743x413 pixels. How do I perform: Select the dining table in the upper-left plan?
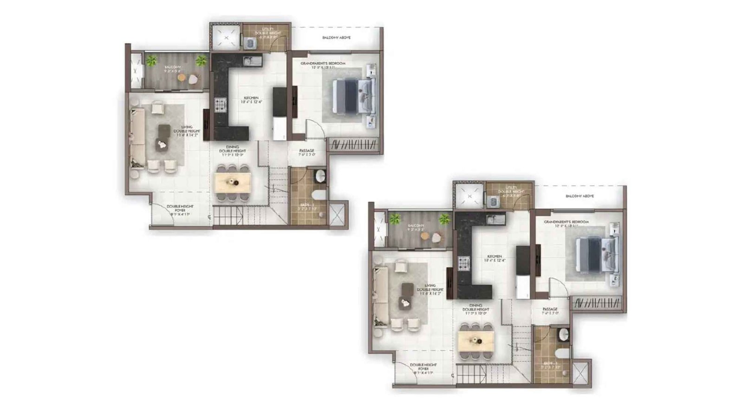coord(233,182)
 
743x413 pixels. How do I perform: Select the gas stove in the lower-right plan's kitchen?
coord(463,263)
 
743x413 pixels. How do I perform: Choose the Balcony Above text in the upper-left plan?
coord(336,38)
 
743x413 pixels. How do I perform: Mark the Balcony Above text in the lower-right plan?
coord(580,196)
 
